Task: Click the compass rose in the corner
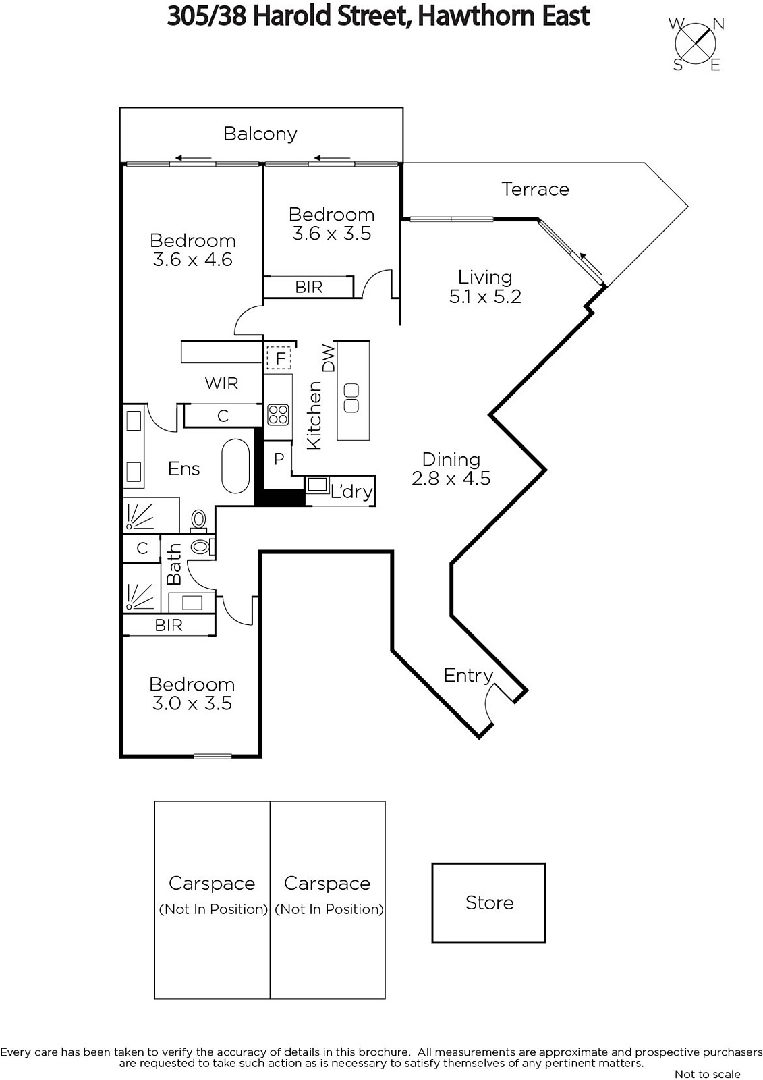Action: coord(696,44)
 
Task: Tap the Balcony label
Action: coord(260,134)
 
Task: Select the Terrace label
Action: coord(535,189)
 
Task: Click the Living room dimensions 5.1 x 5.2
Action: coord(485,296)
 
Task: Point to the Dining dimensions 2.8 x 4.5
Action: coord(451,479)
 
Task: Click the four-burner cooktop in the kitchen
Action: coord(278,414)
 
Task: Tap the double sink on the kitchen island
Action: coord(351,398)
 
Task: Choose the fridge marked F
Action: coord(279,358)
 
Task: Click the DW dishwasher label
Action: coord(329,358)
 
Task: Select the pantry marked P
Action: coord(279,458)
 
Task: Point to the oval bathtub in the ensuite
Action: coord(235,466)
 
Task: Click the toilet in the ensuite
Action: coord(198,521)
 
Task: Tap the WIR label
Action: coord(222,383)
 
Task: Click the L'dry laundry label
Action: coord(351,491)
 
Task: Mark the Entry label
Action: coord(468,676)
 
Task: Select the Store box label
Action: coord(489,902)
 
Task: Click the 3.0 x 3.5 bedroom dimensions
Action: coord(192,703)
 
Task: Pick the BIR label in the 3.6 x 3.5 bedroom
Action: coord(308,288)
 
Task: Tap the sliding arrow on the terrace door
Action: coord(591,264)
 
